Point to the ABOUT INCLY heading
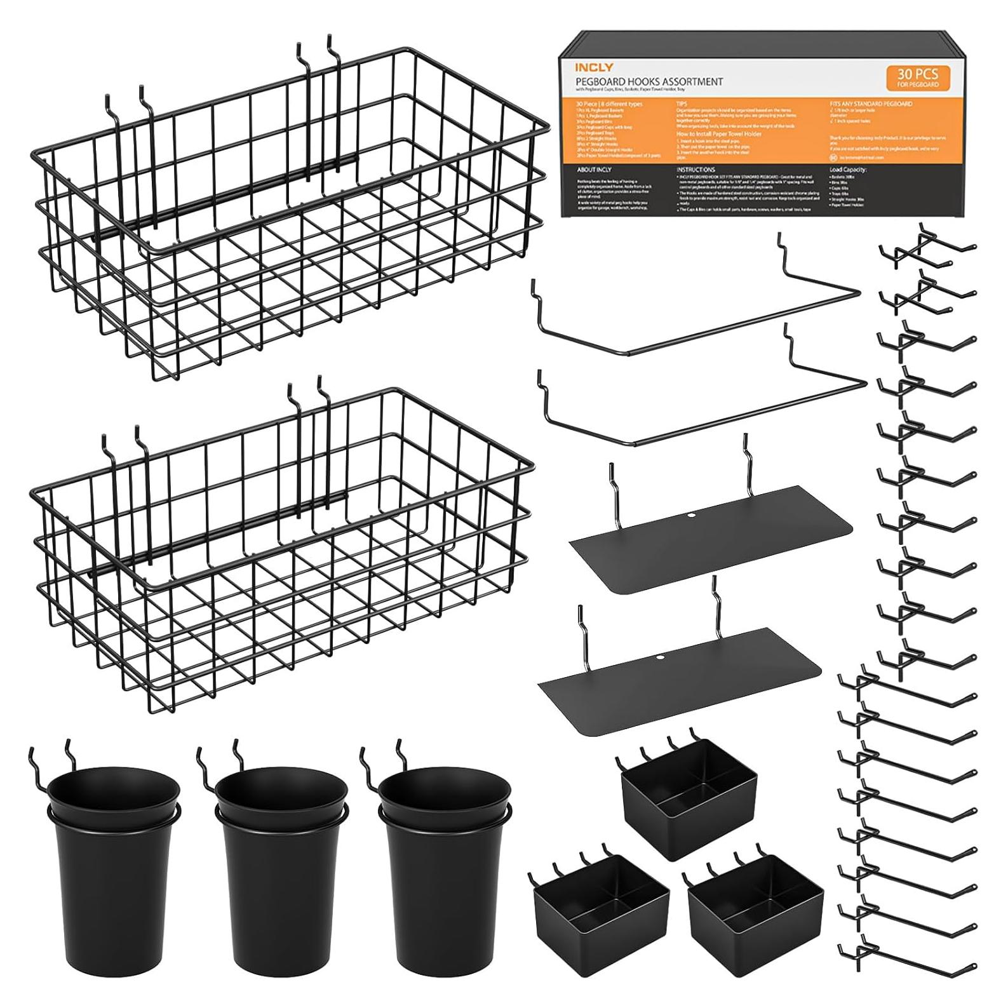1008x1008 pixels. tap(594, 170)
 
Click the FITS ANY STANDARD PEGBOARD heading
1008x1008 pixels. tap(871, 103)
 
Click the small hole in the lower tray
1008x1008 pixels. tap(660, 657)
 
